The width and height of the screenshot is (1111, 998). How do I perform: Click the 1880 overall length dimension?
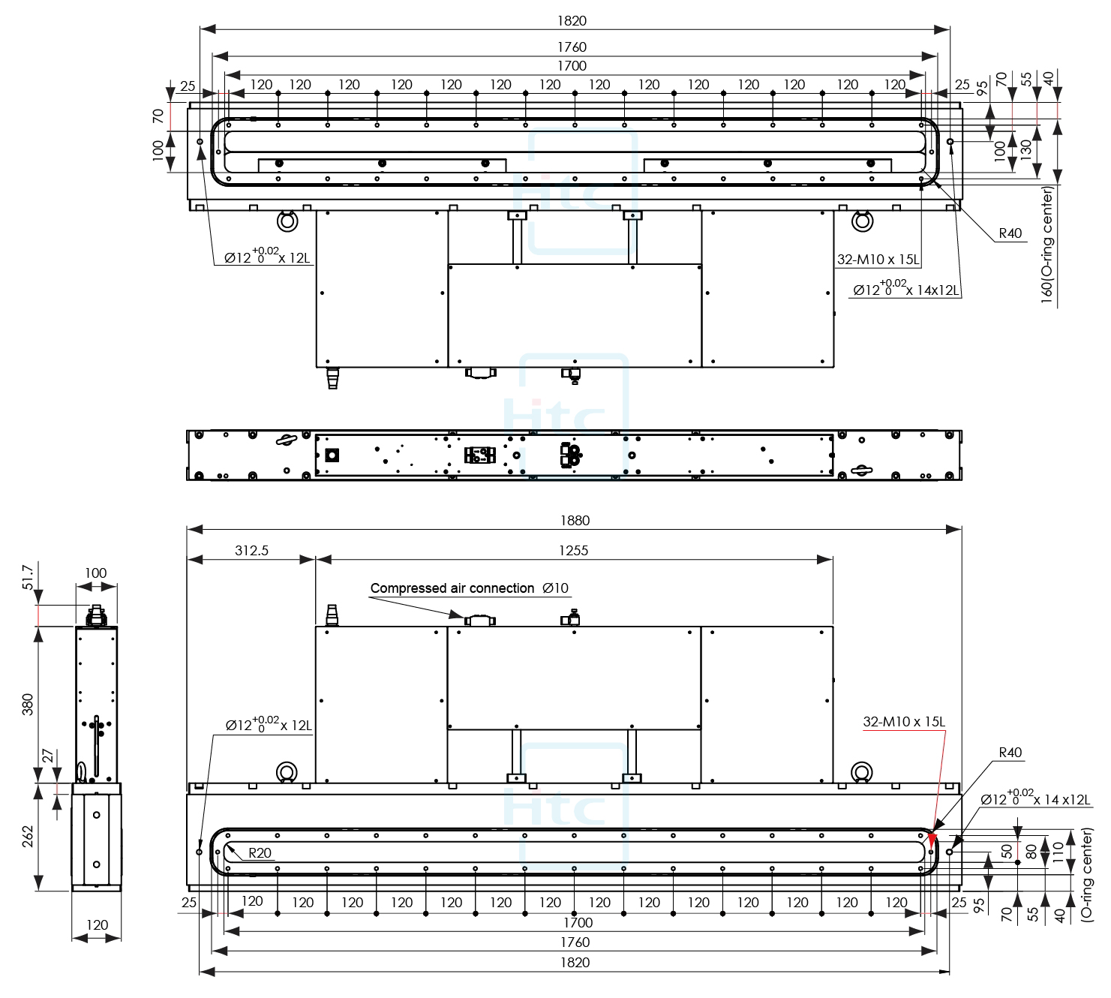point(574,520)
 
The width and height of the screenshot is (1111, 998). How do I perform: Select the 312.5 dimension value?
point(251,550)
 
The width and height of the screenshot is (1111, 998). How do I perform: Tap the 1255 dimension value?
point(574,550)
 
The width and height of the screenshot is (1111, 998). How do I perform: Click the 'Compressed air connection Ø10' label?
point(470,588)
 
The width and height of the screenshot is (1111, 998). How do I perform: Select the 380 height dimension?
point(28,705)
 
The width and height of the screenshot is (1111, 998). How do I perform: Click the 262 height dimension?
point(28,837)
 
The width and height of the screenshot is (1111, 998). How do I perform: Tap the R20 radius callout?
point(260,852)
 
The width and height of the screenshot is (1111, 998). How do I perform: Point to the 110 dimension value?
point(1058,850)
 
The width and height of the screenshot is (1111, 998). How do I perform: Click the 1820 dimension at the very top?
point(574,20)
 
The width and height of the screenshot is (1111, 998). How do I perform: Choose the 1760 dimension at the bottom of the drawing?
point(574,942)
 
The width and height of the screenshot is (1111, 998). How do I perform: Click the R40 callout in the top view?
point(1010,233)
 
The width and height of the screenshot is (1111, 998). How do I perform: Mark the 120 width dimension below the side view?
point(97,925)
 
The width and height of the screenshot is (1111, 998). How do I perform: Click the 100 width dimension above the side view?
point(95,573)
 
